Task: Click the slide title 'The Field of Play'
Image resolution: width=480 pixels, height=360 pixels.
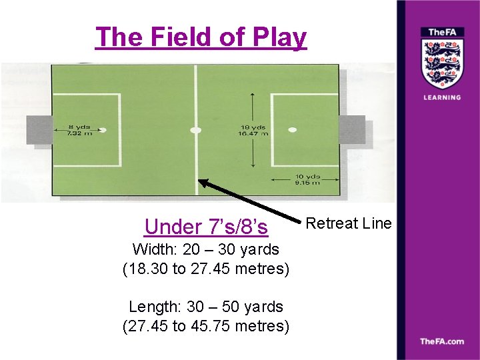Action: [x=201, y=37]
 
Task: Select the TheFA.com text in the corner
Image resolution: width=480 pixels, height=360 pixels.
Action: [x=441, y=341]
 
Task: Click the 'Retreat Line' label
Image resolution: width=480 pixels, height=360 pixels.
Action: [x=349, y=223]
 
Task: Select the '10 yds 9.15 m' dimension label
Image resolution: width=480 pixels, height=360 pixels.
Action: [x=307, y=179]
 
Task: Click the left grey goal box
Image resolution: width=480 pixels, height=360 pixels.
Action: [x=39, y=129]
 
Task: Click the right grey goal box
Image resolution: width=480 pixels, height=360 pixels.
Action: [x=352, y=129]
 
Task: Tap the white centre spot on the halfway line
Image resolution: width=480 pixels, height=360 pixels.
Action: [x=195, y=130]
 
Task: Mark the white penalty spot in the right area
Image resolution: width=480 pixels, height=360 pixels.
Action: [x=291, y=130]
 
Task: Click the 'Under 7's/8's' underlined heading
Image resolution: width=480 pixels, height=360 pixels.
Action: [x=206, y=227]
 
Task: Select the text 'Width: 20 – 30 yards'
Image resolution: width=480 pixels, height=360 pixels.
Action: [x=206, y=249]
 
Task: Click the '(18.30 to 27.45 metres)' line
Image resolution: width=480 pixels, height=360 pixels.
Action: [x=206, y=269]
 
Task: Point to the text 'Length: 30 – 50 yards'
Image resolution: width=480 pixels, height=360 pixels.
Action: [x=206, y=307]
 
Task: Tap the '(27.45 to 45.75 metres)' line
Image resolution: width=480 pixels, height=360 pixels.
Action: [x=206, y=327]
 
